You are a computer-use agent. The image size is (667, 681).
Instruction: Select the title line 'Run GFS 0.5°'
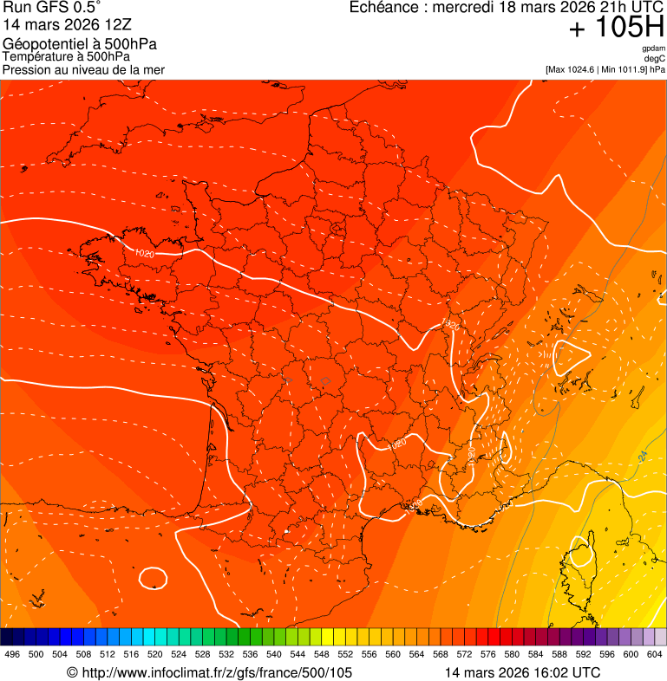tap(52, 8)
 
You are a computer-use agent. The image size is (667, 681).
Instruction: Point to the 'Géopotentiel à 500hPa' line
tap(85, 44)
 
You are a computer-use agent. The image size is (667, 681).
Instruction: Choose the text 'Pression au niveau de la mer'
tap(83, 69)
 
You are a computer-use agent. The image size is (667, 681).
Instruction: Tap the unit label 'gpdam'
tap(654, 49)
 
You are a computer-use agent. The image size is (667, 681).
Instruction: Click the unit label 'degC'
tap(656, 59)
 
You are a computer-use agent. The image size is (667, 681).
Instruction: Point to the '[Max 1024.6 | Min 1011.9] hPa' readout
tap(605, 69)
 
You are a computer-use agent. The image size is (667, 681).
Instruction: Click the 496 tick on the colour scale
tap(12, 654)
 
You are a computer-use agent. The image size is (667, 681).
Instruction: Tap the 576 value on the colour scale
tap(488, 654)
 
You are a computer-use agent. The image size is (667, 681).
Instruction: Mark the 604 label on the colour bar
tap(655, 654)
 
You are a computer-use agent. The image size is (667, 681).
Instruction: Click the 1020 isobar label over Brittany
tap(145, 254)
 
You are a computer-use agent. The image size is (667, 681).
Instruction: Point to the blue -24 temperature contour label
tap(643, 456)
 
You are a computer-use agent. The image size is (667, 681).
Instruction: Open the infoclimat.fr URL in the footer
tap(216, 672)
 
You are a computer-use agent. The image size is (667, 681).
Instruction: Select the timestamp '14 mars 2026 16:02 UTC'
tap(521, 672)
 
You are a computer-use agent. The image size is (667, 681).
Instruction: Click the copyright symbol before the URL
tap(72, 672)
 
